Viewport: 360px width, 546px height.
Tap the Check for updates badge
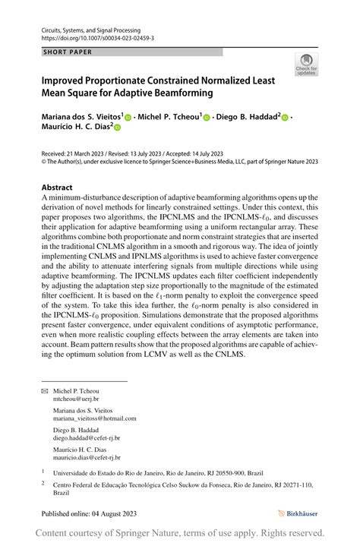pos(306,64)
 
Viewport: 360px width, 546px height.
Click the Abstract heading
pos(57,188)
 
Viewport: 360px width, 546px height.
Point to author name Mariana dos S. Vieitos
pos(81,118)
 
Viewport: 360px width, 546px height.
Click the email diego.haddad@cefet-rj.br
pos(87,438)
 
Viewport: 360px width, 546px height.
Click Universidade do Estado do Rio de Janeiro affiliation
pos(106,472)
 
